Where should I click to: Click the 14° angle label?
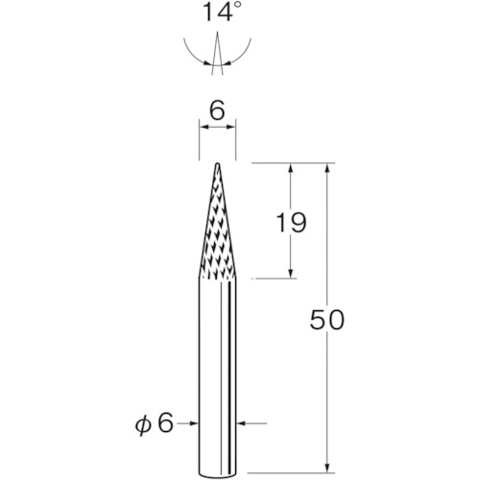222,12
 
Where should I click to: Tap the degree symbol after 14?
236,7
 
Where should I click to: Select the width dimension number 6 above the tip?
217,110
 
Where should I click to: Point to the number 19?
291,223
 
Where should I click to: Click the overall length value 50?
326,320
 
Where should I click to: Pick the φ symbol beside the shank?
143,424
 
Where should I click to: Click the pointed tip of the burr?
217,164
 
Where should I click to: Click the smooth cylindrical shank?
217,376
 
